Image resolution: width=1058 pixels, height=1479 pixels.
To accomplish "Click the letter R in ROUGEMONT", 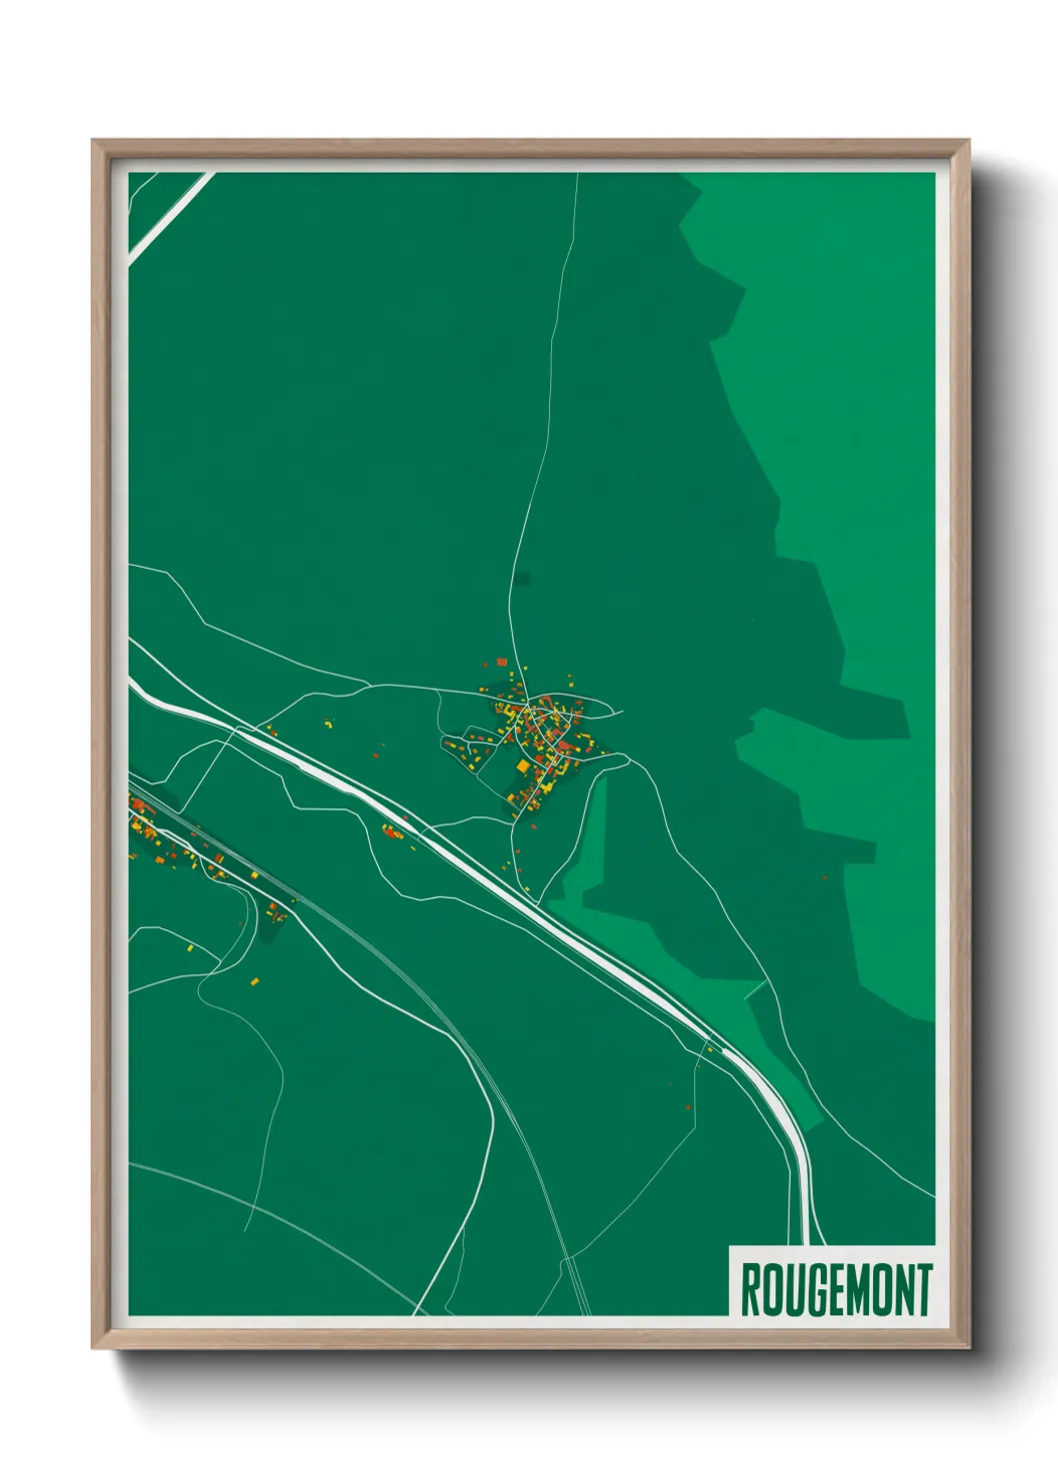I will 750,1290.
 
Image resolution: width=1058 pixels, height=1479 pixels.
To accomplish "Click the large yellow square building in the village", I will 522,766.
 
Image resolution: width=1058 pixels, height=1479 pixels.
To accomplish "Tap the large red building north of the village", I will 502,662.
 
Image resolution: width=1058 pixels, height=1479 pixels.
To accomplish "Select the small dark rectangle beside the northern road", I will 521,578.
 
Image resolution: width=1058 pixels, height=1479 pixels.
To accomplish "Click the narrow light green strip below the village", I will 590,839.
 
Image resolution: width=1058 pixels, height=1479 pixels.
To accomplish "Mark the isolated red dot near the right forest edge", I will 824,876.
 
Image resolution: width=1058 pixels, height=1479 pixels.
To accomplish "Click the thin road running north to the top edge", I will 556,350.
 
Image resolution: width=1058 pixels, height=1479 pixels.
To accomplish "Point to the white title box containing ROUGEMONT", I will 833,1281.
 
